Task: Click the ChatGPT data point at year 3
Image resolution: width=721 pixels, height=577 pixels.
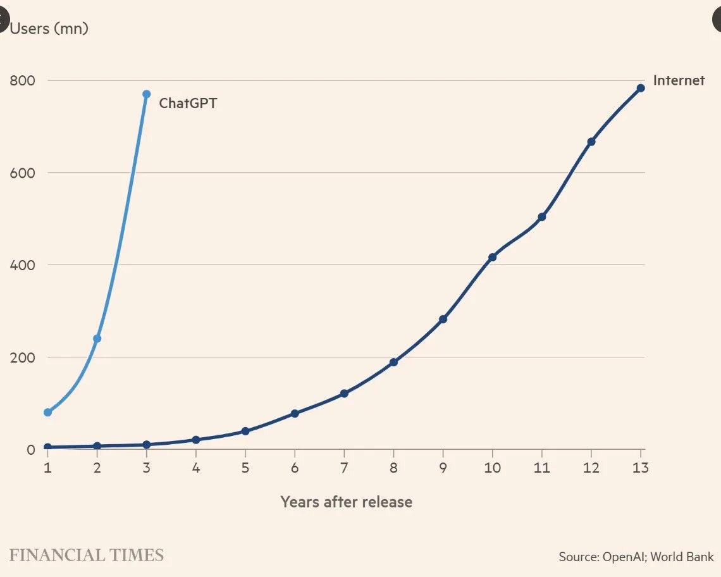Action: [146, 94]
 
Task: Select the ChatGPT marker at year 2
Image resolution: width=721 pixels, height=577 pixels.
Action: [97, 338]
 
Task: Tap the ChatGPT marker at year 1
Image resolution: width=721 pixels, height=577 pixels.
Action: [47, 413]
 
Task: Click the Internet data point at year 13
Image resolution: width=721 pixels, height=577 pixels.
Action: [640, 88]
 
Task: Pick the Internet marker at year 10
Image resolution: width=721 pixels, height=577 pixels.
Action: [492, 257]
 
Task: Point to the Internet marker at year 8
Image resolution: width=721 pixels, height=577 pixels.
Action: [393, 362]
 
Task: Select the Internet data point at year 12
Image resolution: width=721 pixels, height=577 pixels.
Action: [591, 142]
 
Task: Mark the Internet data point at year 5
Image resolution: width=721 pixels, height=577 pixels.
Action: [245, 431]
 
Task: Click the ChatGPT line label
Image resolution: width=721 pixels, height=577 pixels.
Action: [187, 103]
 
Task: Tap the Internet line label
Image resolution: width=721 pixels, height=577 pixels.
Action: [679, 80]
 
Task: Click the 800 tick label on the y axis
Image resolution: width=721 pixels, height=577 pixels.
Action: [22, 80]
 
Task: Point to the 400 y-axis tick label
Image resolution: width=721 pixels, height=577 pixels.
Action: [22, 264]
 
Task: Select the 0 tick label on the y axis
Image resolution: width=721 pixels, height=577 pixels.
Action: [30, 450]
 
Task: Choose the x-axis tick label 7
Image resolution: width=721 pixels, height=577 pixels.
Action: [344, 468]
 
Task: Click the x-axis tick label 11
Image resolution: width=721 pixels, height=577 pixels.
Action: [541, 468]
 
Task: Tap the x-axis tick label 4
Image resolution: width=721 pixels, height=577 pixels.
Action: [196, 468]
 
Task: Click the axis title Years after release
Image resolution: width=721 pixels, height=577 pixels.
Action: [346, 502]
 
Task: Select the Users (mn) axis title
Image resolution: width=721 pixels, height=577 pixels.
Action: [49, 28]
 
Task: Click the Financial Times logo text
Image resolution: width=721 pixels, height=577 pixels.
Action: [87, 555]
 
